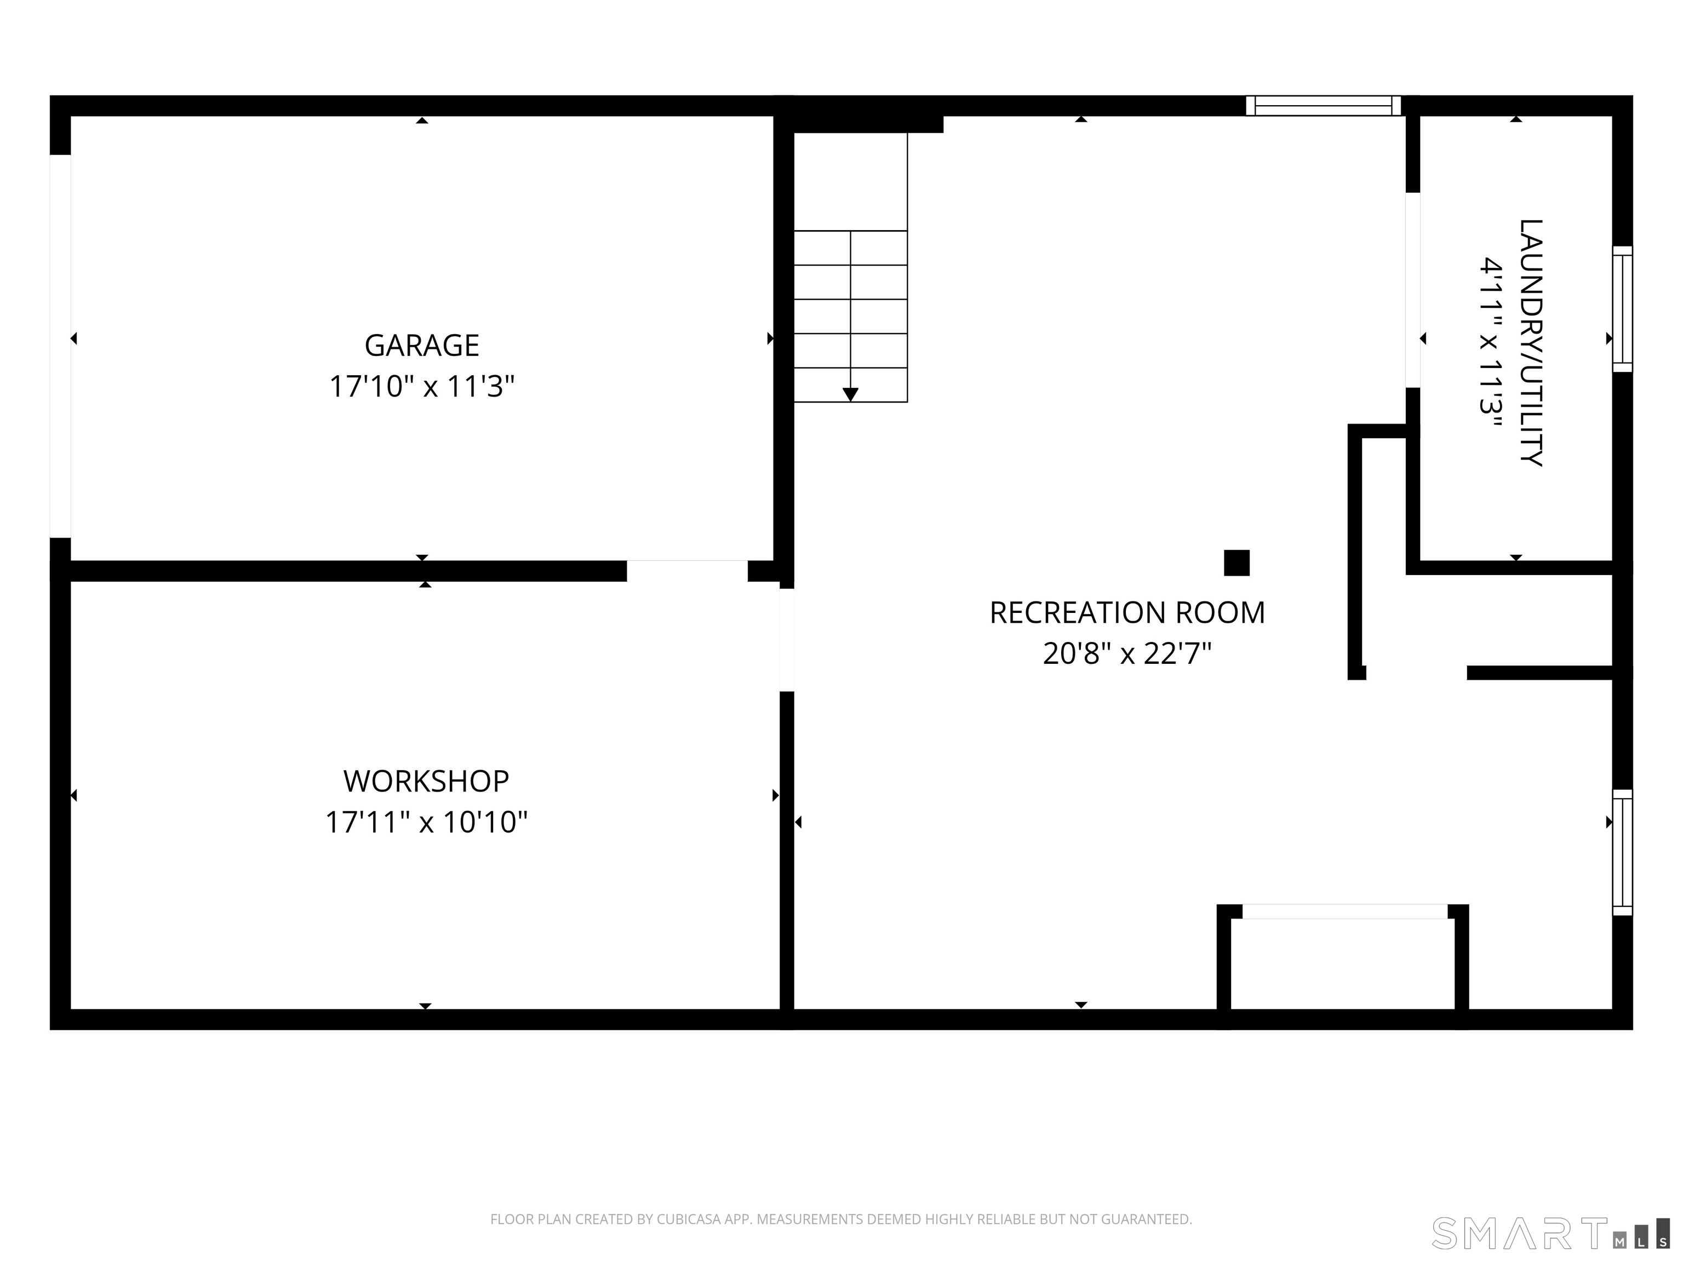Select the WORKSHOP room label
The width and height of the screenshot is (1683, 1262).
pos(426,781)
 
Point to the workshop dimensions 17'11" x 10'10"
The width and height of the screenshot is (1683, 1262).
pos(426,822)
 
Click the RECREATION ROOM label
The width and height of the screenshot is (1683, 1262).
pos(1127,612)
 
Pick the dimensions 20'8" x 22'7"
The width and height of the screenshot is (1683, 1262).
pos(1127,653)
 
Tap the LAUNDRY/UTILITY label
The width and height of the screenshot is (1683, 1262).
pos(1531,342)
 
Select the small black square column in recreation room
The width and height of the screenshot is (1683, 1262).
pos(1237,563)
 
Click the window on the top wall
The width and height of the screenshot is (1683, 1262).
pos(1323,106)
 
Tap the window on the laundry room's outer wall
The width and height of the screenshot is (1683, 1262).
pos(1623,309)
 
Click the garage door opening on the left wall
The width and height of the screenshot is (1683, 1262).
pos(60,346)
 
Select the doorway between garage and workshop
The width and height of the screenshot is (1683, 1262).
pos(687,571)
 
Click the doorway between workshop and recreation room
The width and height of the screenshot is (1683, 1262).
pos(787,640)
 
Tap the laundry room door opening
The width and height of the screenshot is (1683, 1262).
pos(1413,290)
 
